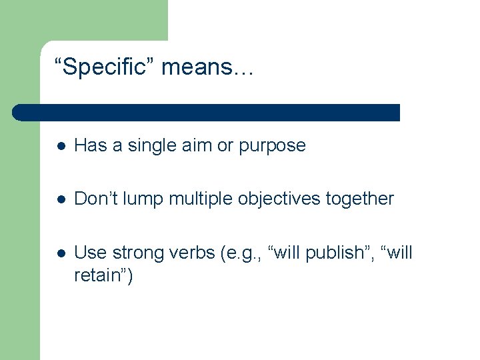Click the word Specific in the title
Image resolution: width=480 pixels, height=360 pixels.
pyautogui.click(x=108, y=67)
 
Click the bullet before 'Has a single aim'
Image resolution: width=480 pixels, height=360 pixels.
pyautogui.click(x=61, y=146)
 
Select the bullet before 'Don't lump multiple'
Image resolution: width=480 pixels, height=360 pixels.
pyautogui.click(x=61, y=199)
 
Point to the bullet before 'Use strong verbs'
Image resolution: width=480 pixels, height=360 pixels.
pyautogui.click(x=61, y=253)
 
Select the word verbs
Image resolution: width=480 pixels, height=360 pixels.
pyautogui.click(x=192, y=253)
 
